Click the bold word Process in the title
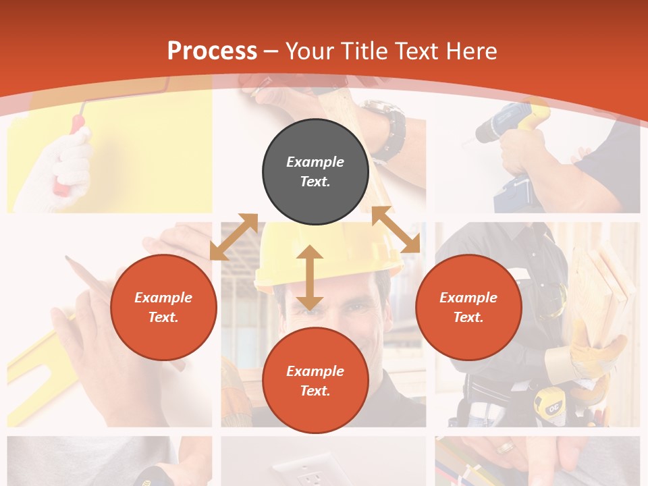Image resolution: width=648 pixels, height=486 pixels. [212, 51]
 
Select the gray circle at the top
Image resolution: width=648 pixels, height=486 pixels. [315, 171]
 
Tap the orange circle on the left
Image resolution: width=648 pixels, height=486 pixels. [163, 307]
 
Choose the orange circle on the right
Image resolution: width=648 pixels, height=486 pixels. [468, 307]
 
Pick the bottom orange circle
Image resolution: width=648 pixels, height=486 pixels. [315, 381]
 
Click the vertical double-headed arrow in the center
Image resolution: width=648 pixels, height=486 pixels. [310, 277]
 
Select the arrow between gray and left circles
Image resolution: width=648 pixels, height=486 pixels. [234, 236]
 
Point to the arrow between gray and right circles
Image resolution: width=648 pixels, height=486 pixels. [396, 230]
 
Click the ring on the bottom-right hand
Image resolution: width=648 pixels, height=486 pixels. [505, 448]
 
